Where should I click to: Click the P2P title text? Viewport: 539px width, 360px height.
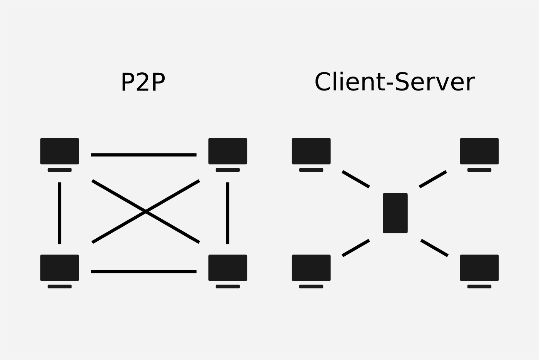click(143, 82)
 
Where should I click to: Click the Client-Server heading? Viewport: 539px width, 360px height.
click(395, 82)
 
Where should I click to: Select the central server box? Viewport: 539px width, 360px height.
click(395, 213)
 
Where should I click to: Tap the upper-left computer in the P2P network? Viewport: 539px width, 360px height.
click(59, 155)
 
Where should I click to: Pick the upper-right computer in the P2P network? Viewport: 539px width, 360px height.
click(228, 155)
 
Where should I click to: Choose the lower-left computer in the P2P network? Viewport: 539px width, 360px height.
click(59, 271)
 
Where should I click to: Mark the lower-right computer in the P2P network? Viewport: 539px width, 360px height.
click(228, 271)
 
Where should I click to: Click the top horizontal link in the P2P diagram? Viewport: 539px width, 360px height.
click(144, 155)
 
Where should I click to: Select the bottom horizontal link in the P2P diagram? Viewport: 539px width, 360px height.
click(144, 271)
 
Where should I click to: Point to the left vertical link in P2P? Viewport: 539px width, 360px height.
click(60, 213)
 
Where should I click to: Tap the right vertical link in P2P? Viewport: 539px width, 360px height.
click(228, 213)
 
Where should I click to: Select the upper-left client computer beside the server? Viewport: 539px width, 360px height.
click(311, 155)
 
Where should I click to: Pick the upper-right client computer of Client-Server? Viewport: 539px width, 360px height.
click(479, 155)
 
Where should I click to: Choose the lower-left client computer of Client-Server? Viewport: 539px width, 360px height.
click(311, 271)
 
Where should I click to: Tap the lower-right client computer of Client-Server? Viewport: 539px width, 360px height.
click(479, 271)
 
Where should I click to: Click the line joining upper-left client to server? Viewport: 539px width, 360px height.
click(355, 179)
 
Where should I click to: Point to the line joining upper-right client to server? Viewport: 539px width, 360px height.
click(433, 179)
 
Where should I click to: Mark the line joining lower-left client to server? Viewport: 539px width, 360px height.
click(355, 248)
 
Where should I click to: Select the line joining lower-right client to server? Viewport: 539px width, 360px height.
click(434, 248)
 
